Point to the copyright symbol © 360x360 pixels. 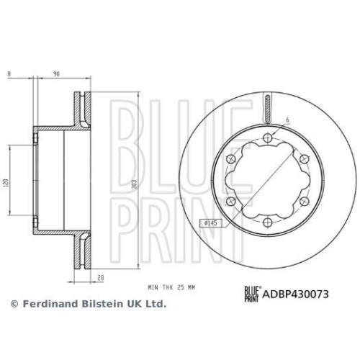point(12,305)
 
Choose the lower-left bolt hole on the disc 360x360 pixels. point(231,200)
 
